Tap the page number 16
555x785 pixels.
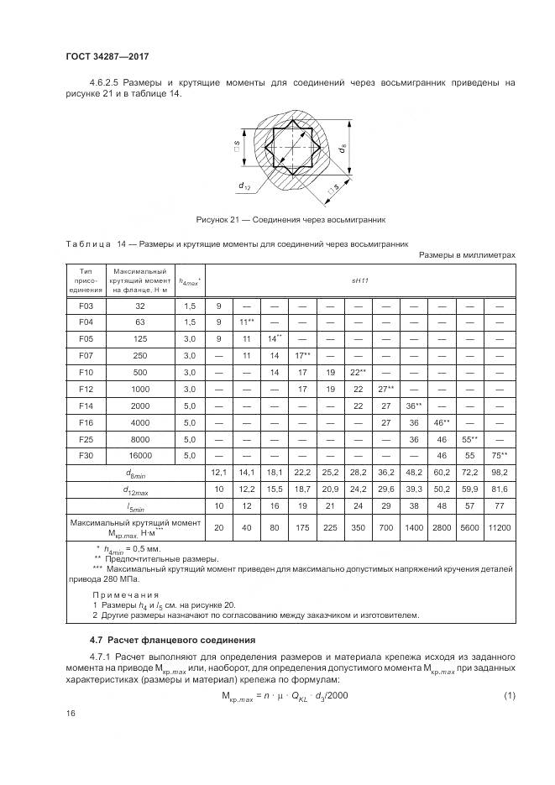(71, 713)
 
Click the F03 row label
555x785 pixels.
(85, 307)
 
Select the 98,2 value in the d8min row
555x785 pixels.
(500, 473)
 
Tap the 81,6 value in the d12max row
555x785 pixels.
(500, 489)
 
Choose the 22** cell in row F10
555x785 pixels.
(357, 372)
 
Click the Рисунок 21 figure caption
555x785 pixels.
(291, 220)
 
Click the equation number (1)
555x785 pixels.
(508, 696)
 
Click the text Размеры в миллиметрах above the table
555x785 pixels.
(466, 255)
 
